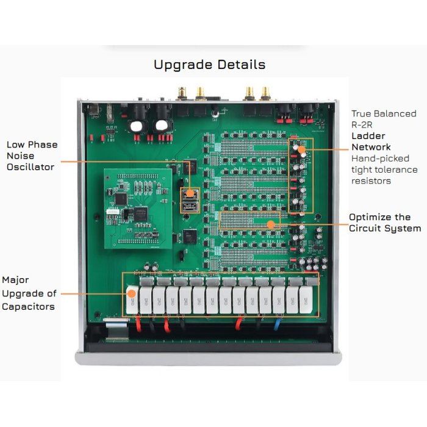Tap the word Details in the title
pyautogui.click(x=242, y=65)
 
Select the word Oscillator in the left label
pyautogui.click(x=30, y=167)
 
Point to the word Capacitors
pyautogui.click(x=28, y=307)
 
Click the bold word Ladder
pyautogui.click(x=368, y=136)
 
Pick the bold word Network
pyautogui.click(x=371, y=147)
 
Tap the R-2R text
pyautogui.click(x=362, y=124)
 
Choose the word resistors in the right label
pyautogui.click(x=371, y=181)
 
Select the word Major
pyautogui.click(x=15, y=280)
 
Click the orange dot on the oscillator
pyautogui.click(x=190, y=193)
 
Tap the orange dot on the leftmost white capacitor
pyautogui.click(x=132, y=293)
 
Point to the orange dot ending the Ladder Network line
pyautogui.click(x=301, y=149)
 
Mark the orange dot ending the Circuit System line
pyautogui.click(x=271, y=224)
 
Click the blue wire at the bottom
pyautogui.click(x=276, y=323)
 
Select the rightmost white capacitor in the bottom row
pyautogui.click(x=306, y=300)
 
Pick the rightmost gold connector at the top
pyautogui.click(x=265, y=93)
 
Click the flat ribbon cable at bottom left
pyautogui.click(x=117, y=329)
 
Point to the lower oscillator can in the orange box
pyautogui.click(x=190, y=207)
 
